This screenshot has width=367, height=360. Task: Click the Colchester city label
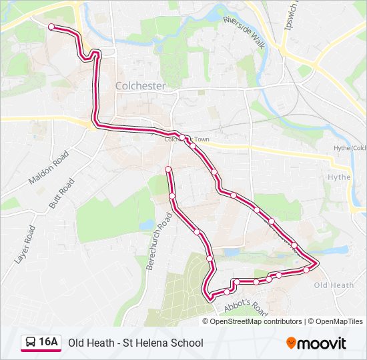pyautogui.click(x=140, y=86)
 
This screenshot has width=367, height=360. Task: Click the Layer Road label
pyautogui.click(x=26, y=243)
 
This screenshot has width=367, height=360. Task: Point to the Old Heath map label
pyautogui.click(x=334, y=285)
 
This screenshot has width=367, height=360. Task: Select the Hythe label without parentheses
pyautogui.click(x=339, y=177)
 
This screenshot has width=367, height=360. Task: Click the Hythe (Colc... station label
pyautogui.click(x=350, y=148)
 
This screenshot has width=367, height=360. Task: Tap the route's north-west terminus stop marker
pyautogui.click(x=51, y=26)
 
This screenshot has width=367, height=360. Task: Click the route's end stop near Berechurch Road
pyautogui.click(x=168, y=169)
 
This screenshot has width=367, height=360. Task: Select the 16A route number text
pyautogui.click(x=48, y=342)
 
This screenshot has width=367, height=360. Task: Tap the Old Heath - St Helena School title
pyautogui.click(x=135, y=343)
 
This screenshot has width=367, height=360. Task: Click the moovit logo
pyautogui.click(x=316, y=343)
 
